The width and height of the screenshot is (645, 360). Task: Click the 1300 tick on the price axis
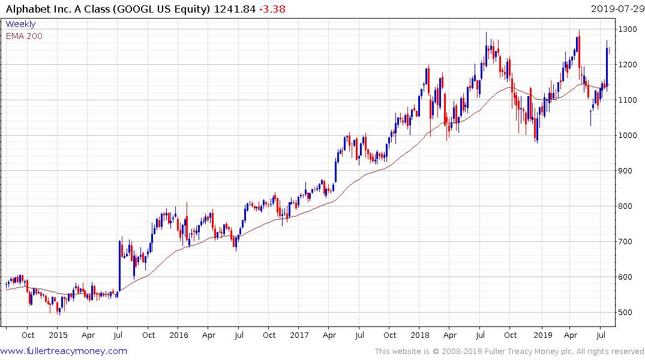(628, 29)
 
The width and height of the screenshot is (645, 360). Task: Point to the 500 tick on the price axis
(626, 312)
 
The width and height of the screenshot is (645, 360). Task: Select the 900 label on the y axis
(626, 170)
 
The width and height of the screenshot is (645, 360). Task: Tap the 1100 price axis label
(628, 100)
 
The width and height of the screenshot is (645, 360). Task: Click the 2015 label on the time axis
(58, 335)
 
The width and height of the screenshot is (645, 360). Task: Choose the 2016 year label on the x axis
(179, 335)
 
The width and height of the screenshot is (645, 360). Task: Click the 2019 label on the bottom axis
(543, 335)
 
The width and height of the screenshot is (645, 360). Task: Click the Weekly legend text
(20, 24)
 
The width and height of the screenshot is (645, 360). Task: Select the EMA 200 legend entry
(24, 36)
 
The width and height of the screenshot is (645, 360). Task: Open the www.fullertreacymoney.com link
(64, 351)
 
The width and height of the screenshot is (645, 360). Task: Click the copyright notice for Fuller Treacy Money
(509, 351)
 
